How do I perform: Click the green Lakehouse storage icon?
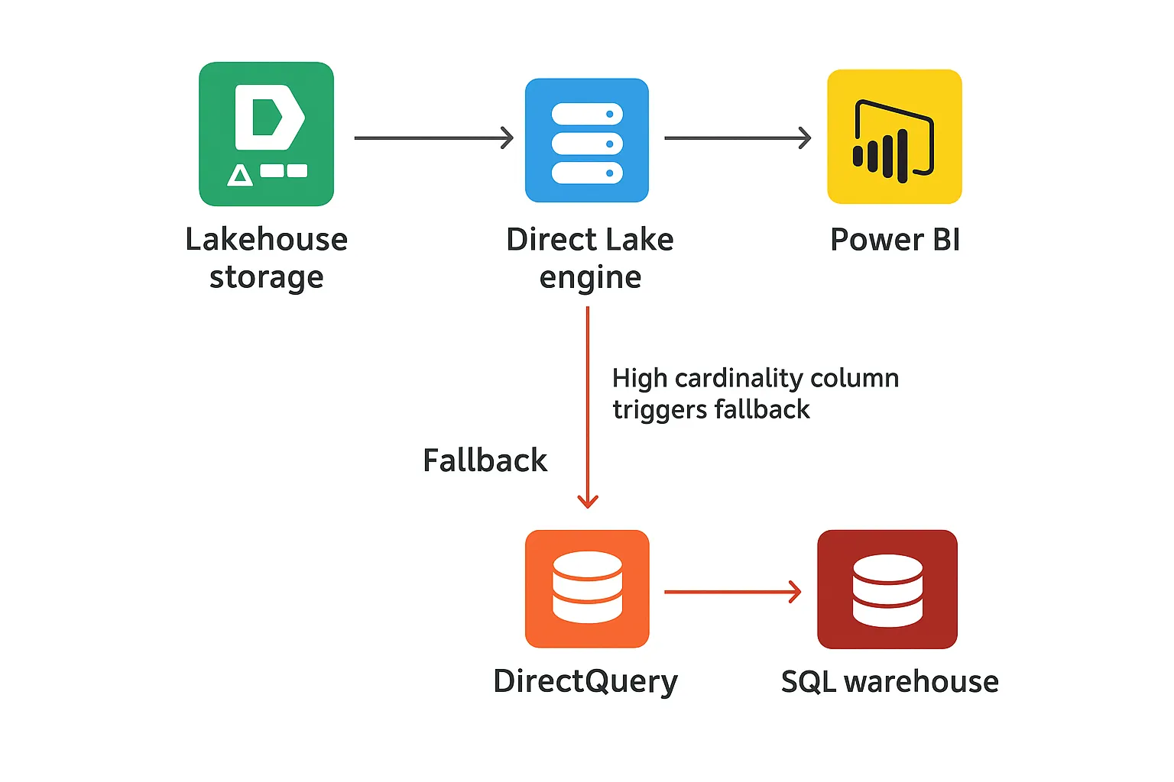tap(266, 134)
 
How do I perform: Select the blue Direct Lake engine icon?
tap(586, 140)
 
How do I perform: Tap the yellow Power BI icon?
tap(894, 137)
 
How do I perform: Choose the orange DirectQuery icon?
tap(587, 589)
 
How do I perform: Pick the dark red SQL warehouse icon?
tap(887, 589)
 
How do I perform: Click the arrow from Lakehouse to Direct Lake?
tap(433, 138)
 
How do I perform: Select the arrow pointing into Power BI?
tap(738, 138)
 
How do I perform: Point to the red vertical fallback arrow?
tap(588, 405)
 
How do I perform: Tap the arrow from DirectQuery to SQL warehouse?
tap(731, 592)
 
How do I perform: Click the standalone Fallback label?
tap(485, 460)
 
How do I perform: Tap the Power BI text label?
tap(894, 240)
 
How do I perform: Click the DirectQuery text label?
tap(585, 681)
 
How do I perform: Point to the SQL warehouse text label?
tap(889, 681)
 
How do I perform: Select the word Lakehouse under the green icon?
tap(266, 240)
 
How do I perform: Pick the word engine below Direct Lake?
tap(590, 277)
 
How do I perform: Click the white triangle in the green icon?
tap(240, 176)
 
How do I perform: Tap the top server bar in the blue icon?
tap(586, 114)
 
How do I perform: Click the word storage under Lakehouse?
tap(266, 277)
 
